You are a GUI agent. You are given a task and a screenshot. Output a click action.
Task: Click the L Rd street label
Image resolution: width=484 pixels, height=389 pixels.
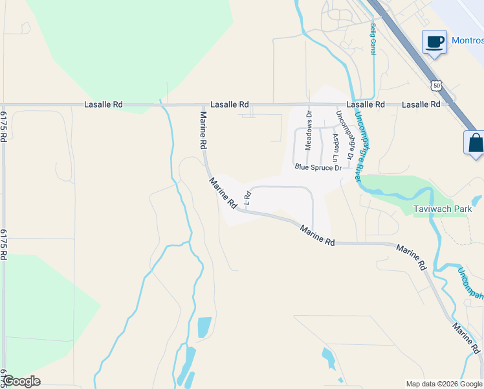click(247, 196)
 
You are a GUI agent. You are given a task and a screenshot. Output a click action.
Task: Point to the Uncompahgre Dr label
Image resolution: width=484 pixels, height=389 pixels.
click(343, 136)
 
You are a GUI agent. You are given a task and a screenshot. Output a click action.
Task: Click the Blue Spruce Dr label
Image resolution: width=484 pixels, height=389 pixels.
click(318, 167)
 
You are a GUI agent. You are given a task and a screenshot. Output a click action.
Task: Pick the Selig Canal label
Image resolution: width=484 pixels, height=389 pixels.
click(373, 39)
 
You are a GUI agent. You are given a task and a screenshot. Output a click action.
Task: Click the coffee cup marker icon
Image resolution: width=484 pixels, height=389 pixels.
click(434, 42)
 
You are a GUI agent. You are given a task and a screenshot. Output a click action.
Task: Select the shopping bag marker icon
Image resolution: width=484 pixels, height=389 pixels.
click(475, 142)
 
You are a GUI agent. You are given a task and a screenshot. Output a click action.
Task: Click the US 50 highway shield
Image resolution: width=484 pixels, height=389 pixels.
click(437, 85)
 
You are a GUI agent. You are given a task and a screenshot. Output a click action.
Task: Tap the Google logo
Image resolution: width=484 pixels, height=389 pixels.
click(22, 381)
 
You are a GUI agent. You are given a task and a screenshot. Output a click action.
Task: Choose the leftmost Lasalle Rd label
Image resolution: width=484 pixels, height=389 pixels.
click(103, 104)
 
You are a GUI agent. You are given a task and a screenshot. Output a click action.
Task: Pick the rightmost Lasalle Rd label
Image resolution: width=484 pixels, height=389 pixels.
click(421, 104)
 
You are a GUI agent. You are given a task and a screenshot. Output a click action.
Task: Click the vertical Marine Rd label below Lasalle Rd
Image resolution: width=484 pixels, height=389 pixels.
click(203, 128)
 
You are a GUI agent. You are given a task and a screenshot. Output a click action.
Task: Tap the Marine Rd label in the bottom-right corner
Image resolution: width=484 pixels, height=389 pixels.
click(466, 338)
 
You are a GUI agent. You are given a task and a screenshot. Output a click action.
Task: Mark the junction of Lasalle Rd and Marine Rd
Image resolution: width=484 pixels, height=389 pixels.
click(202, 104)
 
